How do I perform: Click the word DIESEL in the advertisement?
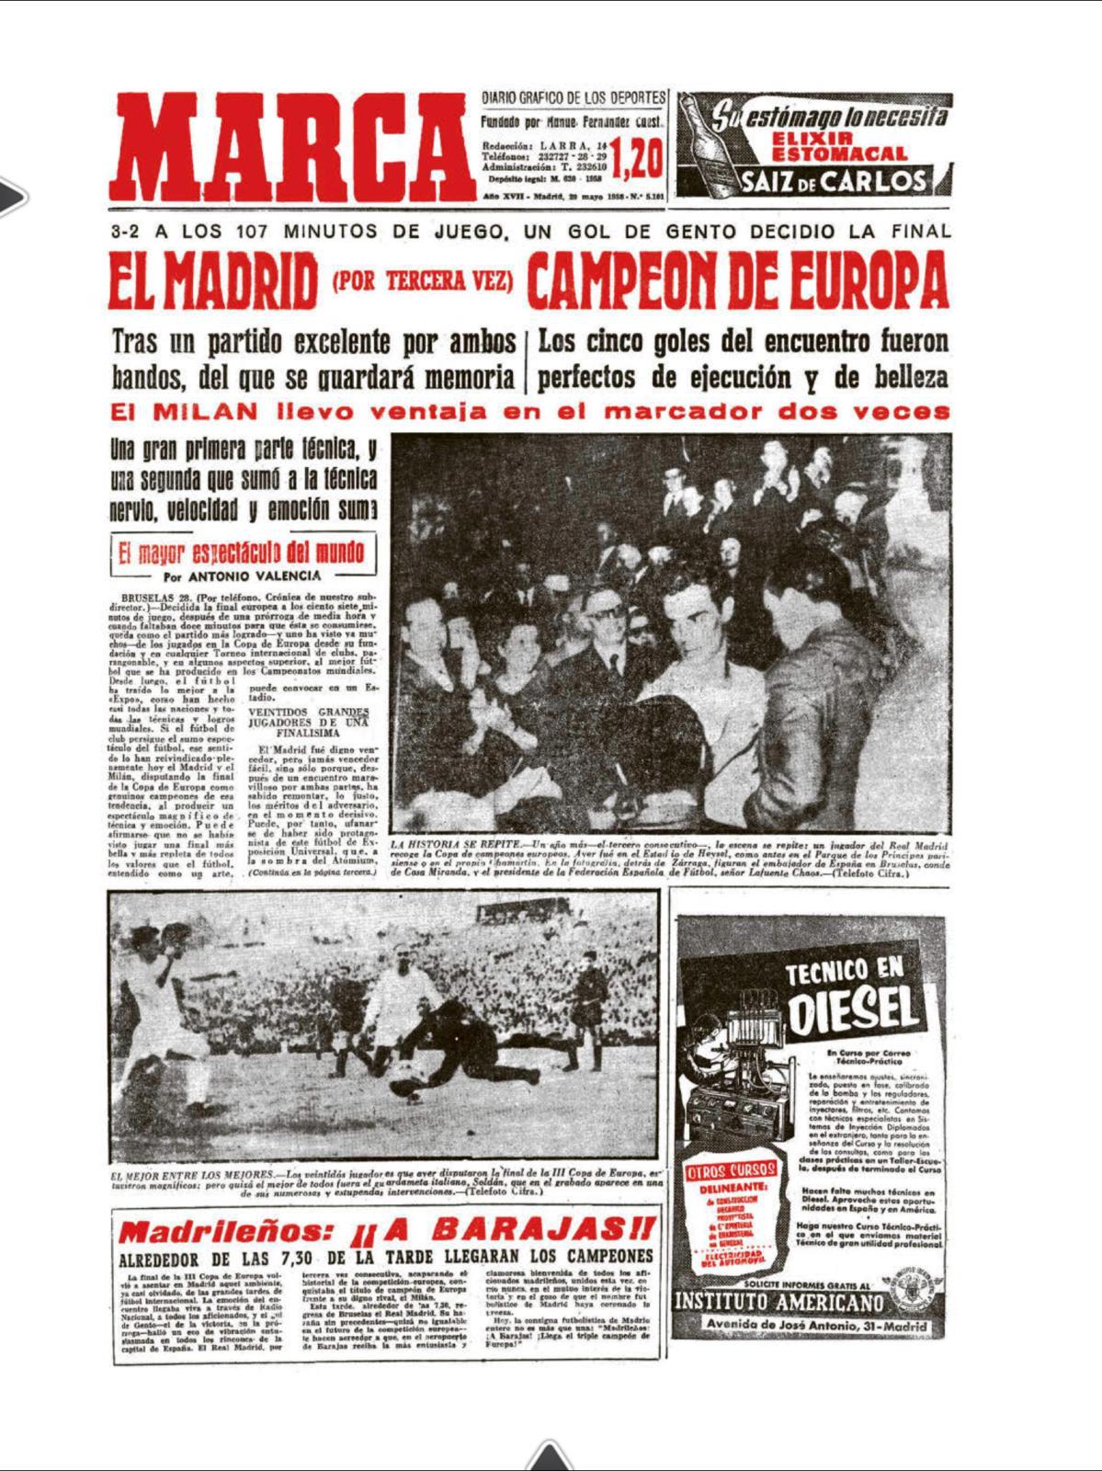point(852,1009)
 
